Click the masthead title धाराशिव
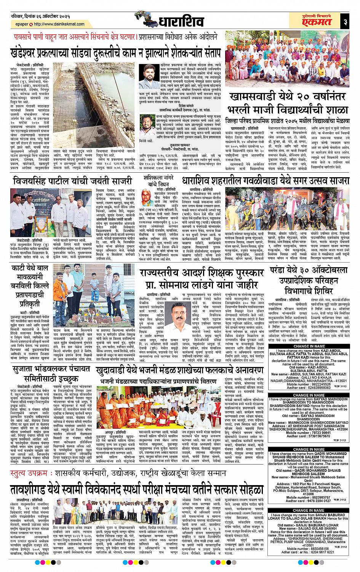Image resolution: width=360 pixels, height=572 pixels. click(179, 22)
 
